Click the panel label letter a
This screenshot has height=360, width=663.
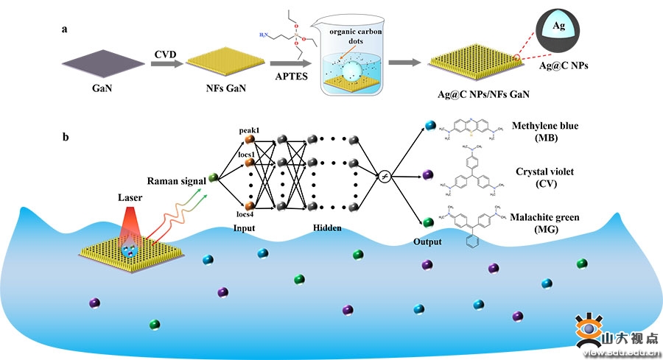pyautogui.click(x=66, y=32)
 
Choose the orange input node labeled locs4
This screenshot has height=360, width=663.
pyautogui.click(x=250, y=206)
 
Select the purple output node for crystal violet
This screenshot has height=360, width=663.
pyautogui.click(x=429, y=175)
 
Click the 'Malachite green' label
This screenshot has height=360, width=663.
pyautogui.click(x=545, y=217)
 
